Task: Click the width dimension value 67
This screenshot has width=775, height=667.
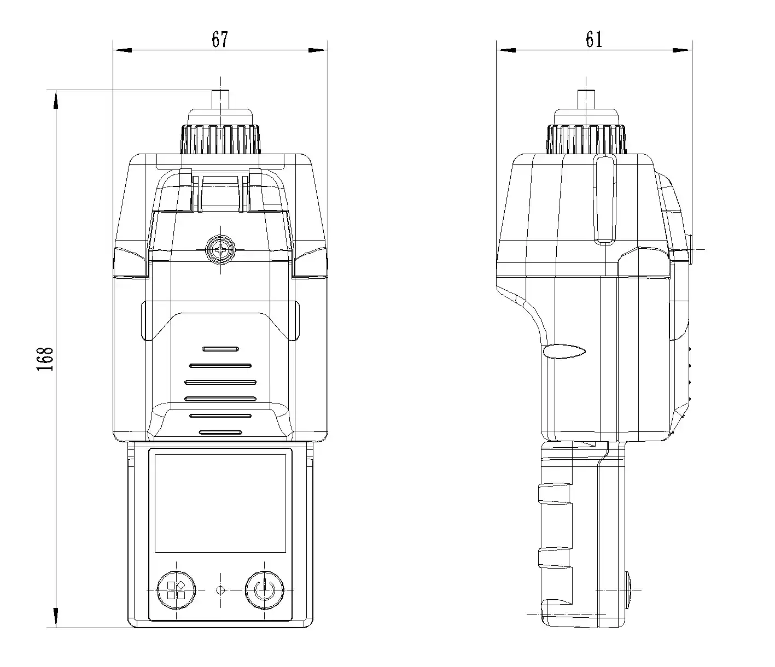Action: click(x=220, y=39)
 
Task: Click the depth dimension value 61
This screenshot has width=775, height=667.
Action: click(x=594, y=39)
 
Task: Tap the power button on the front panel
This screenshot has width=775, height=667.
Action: click(x=264, y=590)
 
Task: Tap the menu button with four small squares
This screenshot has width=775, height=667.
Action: click(x=176, y=590)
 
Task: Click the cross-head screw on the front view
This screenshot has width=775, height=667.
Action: click(x=220, y=250)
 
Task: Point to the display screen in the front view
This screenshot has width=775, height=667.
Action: click(x=220, y=503)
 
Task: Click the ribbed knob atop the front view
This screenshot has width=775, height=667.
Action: click(x=220, y=140)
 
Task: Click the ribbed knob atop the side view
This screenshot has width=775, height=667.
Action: click(x=586, y=140)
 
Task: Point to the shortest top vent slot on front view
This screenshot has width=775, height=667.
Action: click(x=220, y=349)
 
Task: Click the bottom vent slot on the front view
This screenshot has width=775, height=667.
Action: click(x=220, y=432)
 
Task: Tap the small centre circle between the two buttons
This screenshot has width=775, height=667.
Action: click(x=220, y=590)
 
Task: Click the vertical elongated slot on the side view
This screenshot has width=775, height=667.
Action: click(x=604, y=200)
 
